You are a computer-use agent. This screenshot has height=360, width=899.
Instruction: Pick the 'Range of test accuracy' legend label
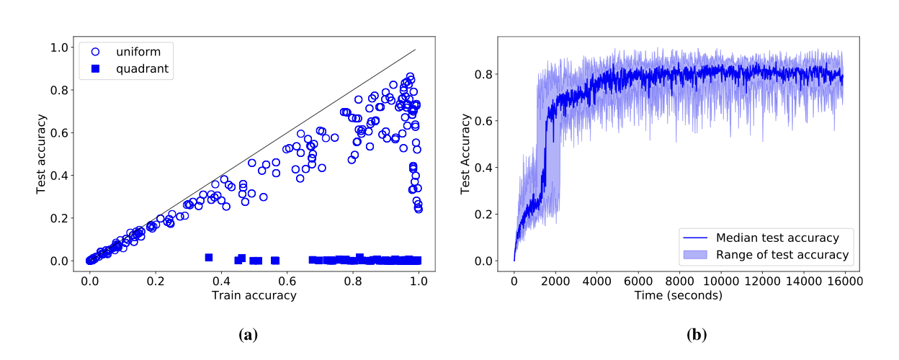(782, 254)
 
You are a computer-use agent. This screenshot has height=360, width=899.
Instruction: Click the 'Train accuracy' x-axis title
(254, 295)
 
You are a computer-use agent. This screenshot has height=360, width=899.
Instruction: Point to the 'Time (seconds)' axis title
(678, 295)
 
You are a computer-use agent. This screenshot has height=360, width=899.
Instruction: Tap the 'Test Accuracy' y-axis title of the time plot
(466, 153)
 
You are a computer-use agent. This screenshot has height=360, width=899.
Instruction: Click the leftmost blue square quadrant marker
(209, 257)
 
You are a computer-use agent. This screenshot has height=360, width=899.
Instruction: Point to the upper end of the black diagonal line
(416, 50)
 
